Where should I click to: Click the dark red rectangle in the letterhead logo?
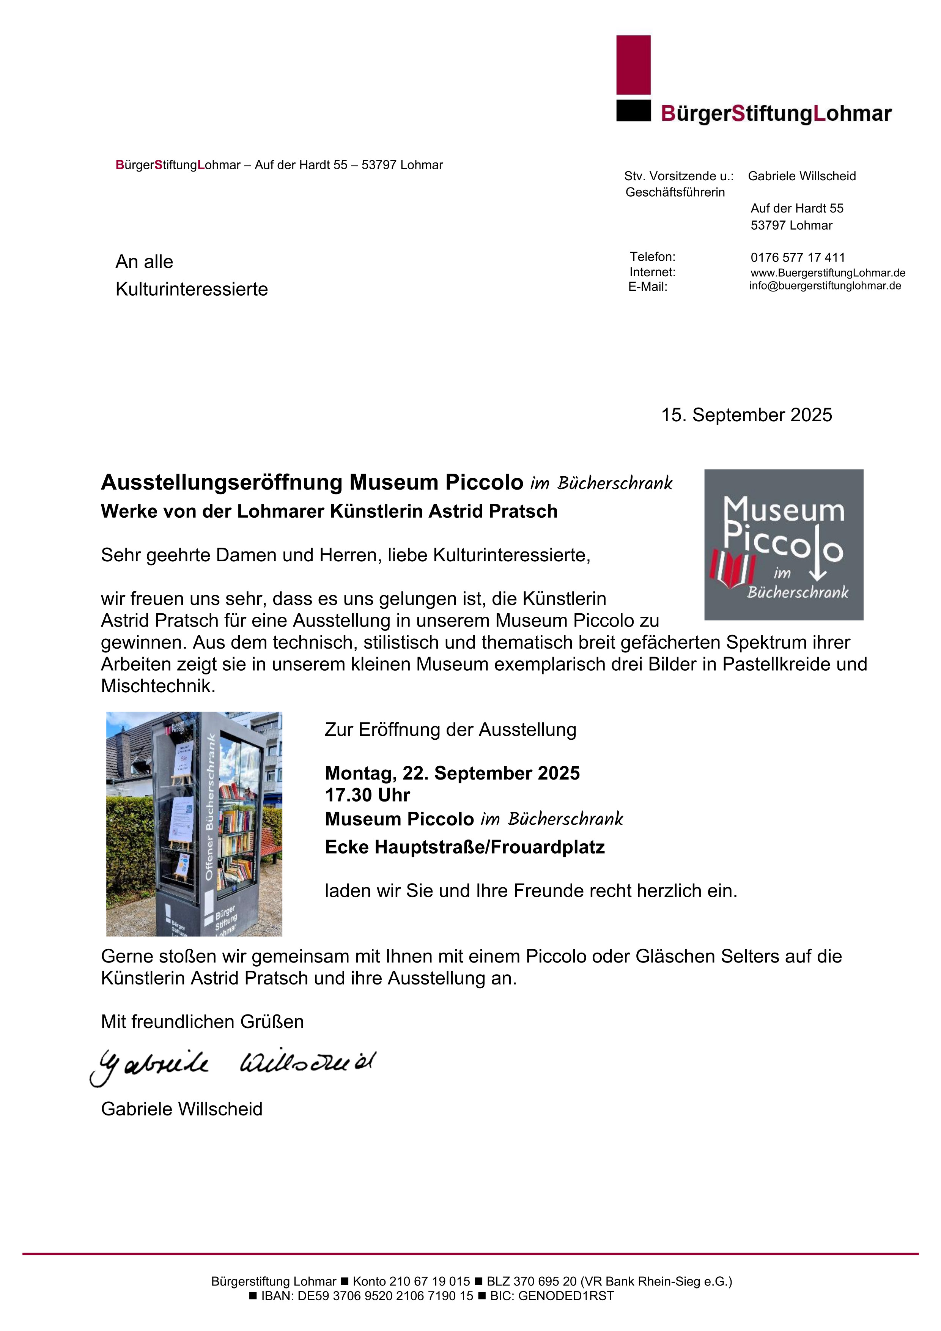tap(633, 65)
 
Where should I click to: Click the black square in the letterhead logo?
tap(633, 111)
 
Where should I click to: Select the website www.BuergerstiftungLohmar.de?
tap(828, 273)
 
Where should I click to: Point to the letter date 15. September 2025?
tap(746, 415)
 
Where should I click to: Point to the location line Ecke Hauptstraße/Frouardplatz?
tap(465, 847)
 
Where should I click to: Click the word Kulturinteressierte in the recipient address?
tap(192, 289)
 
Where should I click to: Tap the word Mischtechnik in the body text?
tap(157, 686)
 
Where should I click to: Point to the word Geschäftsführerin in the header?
tap(675, 192)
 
